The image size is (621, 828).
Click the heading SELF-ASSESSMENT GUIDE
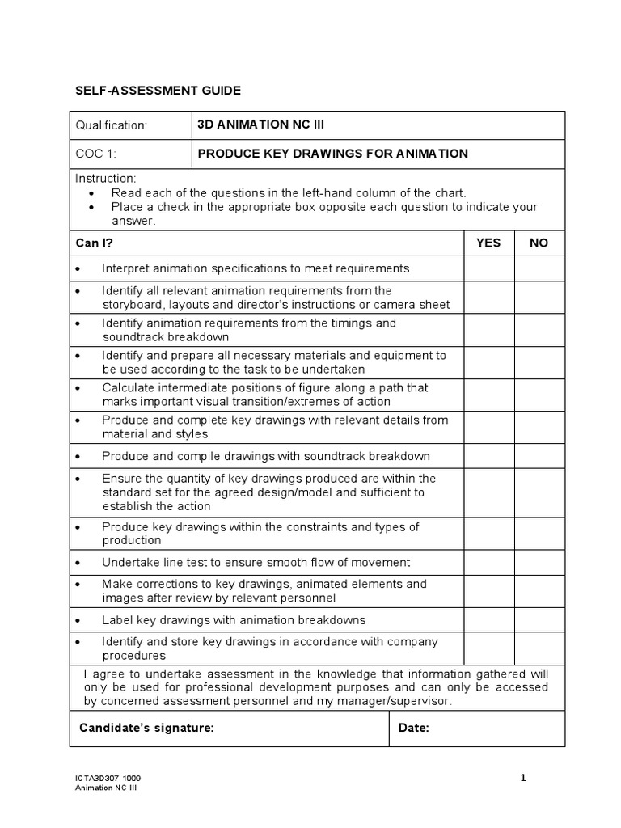point(158,91)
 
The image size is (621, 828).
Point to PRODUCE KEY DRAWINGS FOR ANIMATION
point(332,154)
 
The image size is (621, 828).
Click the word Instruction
point(106,178)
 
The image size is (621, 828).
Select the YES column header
point(488,243)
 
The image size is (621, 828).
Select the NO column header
point(539,243)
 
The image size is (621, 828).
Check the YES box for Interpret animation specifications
point(488,268)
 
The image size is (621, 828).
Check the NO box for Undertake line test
point(539,562)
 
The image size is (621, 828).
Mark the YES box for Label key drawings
point(488,620)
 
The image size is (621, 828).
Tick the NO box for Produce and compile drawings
point(539,456)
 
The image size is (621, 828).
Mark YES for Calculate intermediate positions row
point(488,395)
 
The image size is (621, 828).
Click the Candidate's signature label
point(146,728)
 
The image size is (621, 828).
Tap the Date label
point(414,728)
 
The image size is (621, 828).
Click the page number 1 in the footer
point(523,778)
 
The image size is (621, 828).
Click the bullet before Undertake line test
point(78,562)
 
